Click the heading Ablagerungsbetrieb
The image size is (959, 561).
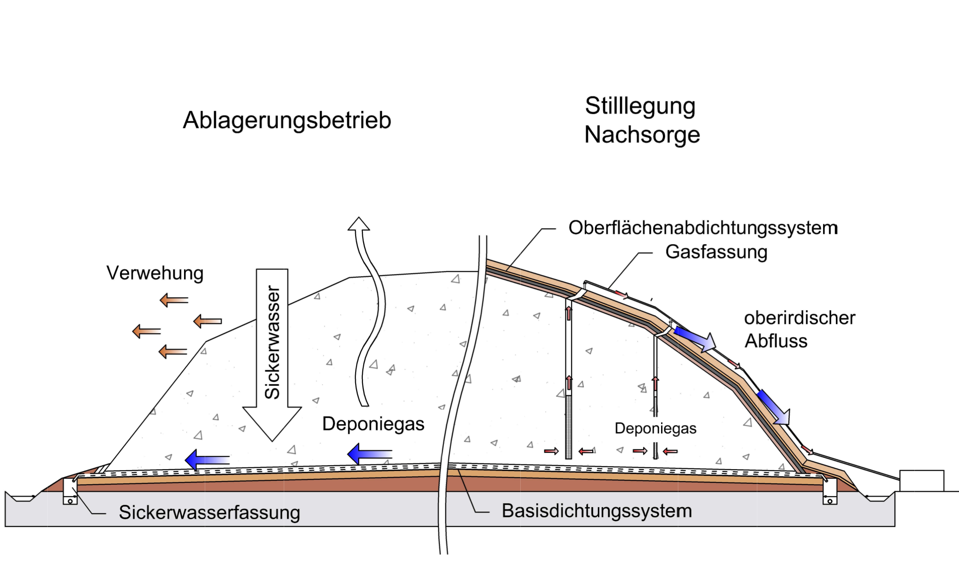point(287,120)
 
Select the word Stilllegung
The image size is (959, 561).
point(640,106)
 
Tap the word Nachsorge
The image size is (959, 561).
point(642,135)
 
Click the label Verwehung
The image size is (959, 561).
point(155,273)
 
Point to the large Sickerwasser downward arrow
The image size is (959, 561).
point(272,353)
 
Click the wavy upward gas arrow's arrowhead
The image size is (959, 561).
point(359,224)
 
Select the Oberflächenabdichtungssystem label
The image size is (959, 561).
point(703,228)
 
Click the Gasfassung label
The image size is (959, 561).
point(716,252)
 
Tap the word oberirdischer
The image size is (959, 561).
point(800,318)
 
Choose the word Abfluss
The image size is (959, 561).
point(776,341)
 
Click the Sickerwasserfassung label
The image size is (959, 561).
point(209,512)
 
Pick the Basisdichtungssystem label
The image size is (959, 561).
point(597,511)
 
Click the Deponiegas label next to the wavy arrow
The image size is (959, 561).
point(373,424)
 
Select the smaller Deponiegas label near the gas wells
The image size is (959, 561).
point(655,428)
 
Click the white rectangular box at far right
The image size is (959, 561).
point(921,481)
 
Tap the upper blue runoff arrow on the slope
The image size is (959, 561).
point(695,339)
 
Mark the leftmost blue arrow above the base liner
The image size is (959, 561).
point(207,460)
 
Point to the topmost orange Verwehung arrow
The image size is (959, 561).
point(174,300)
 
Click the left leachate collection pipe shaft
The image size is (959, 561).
point(70,491)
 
